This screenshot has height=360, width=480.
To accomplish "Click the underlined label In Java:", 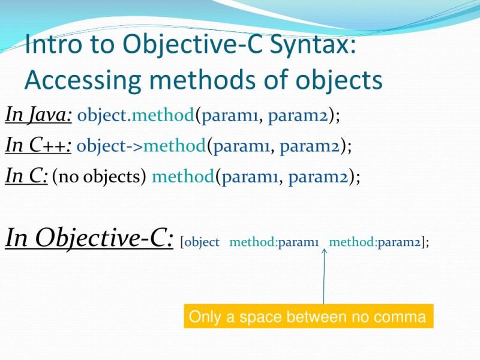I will (38, 114).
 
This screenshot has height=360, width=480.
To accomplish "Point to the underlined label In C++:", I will (38, 145).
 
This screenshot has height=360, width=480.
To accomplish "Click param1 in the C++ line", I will (242, 145).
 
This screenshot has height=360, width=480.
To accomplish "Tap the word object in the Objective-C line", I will (202, 242).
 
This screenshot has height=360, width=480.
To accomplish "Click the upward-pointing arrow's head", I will (324, 253).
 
